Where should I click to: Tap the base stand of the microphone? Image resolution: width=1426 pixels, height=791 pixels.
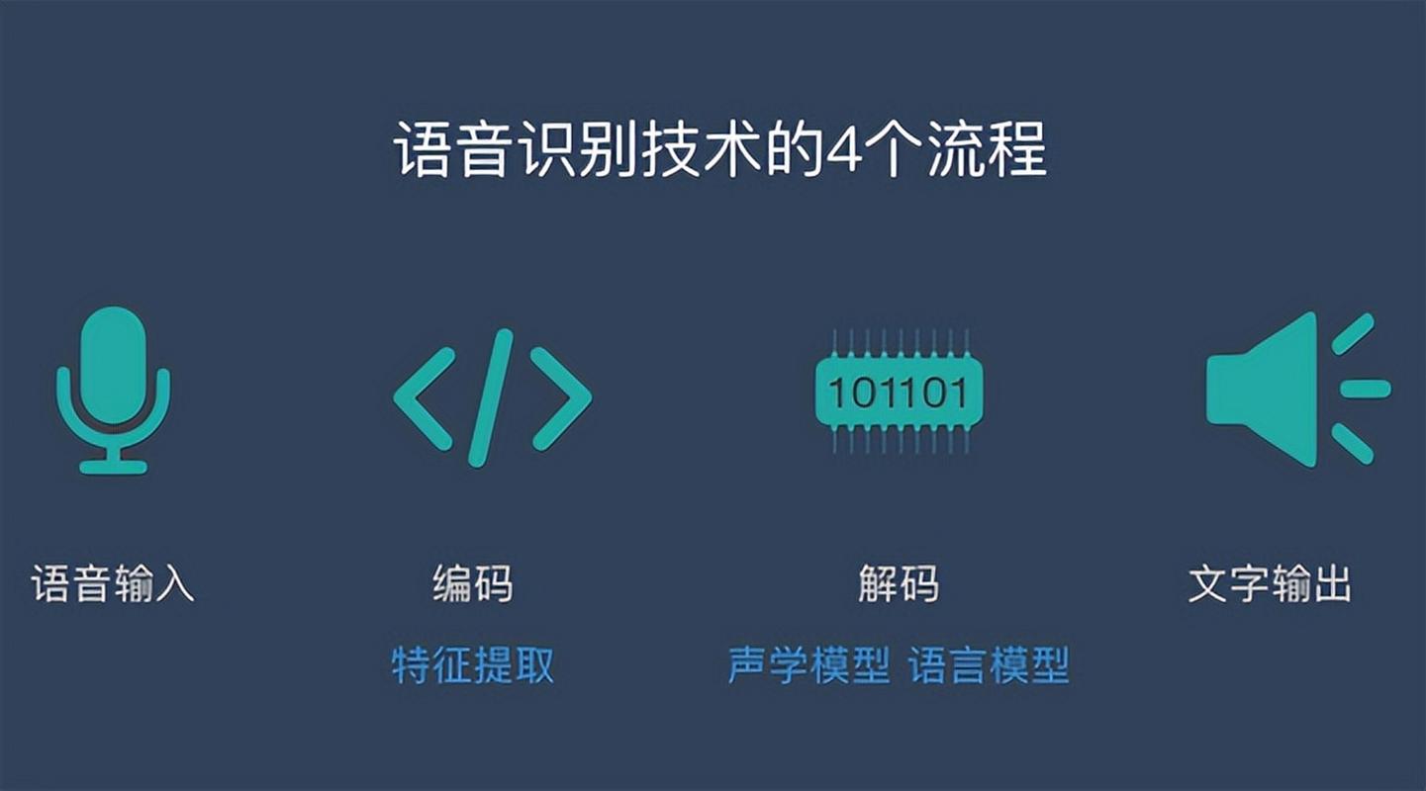click(x=113, y=466)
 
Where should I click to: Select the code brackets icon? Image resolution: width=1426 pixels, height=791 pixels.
click(x=492, y=397)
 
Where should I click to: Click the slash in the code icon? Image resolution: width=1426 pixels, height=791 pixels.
click(x=492, y=397)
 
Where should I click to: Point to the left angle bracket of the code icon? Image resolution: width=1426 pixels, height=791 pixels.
click(x=424, y=397)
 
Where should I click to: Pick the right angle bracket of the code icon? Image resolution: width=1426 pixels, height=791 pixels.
click(x=561, y=397)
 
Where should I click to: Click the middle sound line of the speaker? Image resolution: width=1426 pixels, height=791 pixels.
click(x=1366, y=389)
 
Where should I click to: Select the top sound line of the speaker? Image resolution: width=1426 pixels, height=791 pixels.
click(x=1353, y=333)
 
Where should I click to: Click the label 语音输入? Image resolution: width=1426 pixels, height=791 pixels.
click(x=113, y=583)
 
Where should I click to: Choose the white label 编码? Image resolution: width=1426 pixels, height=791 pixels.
click(x=473, y=583)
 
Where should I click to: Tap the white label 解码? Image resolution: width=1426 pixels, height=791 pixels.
click(x=898, y=583)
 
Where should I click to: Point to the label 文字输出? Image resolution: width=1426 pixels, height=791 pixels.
click(x=1269, y=583)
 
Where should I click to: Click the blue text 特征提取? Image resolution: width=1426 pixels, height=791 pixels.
click(x=473, y=665)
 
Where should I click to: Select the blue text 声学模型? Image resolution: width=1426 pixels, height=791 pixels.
click(x=808, y=665)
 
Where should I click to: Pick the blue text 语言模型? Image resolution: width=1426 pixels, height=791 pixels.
click(x=989, y=665)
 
